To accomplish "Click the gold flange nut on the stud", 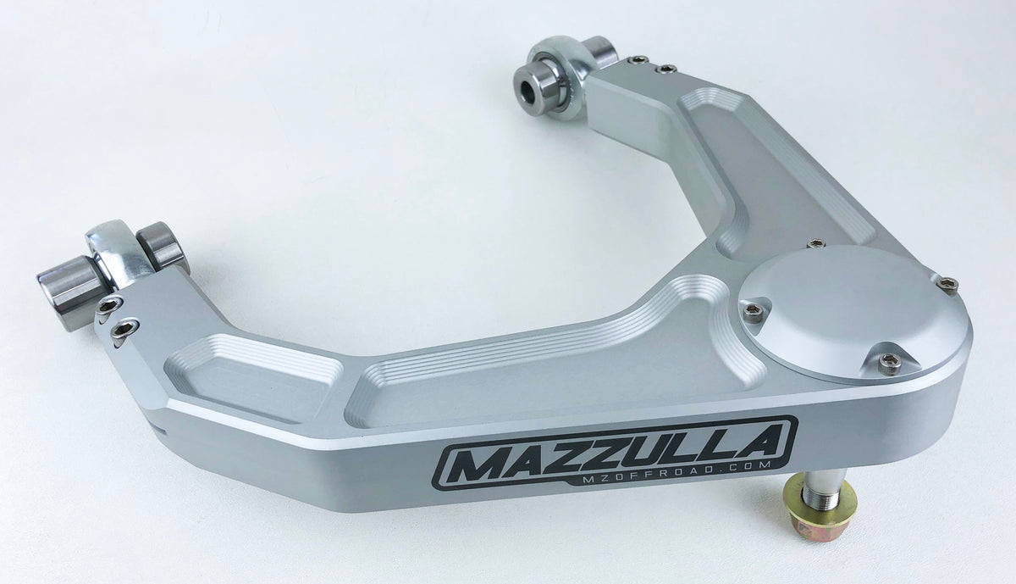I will (x=819, y=509).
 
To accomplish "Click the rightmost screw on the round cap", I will (x=947, y=285).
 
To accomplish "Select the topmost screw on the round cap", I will (x=815, y=244).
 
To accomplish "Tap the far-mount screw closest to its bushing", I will (x=636, y=60).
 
